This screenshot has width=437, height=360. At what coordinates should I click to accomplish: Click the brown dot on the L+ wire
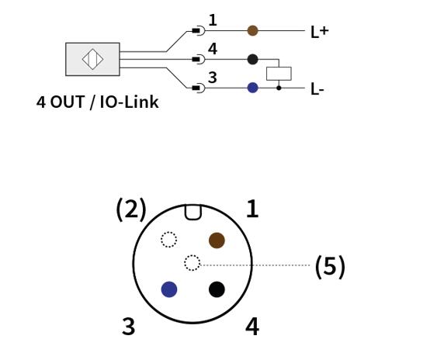pos(252,31)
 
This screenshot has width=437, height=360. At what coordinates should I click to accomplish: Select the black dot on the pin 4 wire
pos(252,59)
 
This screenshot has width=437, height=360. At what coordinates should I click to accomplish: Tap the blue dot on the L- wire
pos(252,88)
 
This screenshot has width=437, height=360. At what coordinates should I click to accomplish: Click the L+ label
pos(319,32)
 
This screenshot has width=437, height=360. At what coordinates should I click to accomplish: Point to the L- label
pos(317,89)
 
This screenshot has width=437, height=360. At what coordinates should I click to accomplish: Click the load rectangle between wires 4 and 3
pos(279,74)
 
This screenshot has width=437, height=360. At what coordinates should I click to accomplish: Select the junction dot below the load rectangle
pos(279,88)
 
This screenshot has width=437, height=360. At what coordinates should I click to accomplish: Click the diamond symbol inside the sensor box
pos(92,59)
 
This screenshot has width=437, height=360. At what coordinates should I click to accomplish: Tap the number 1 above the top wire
pos(213,20)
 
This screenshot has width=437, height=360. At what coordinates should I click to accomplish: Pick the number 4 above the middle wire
pos(213,49)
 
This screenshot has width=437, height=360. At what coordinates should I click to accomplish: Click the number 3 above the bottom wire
pos(213,78)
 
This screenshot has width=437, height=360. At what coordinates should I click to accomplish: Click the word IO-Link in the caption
pos(129,102)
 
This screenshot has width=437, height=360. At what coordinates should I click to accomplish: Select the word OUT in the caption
pos(68,102)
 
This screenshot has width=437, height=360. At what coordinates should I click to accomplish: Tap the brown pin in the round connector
pos(217,241)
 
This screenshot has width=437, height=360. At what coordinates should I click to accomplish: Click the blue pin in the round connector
pos(169,289)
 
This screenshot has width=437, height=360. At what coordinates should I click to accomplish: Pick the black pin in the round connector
pos(217,289)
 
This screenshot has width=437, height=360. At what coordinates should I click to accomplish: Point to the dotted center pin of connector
pos(192,262)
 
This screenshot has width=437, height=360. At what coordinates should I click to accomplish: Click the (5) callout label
pos(330,267)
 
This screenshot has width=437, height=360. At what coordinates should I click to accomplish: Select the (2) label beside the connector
pos(131,209)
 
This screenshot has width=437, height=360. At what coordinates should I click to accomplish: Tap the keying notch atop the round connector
pos(192,213)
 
